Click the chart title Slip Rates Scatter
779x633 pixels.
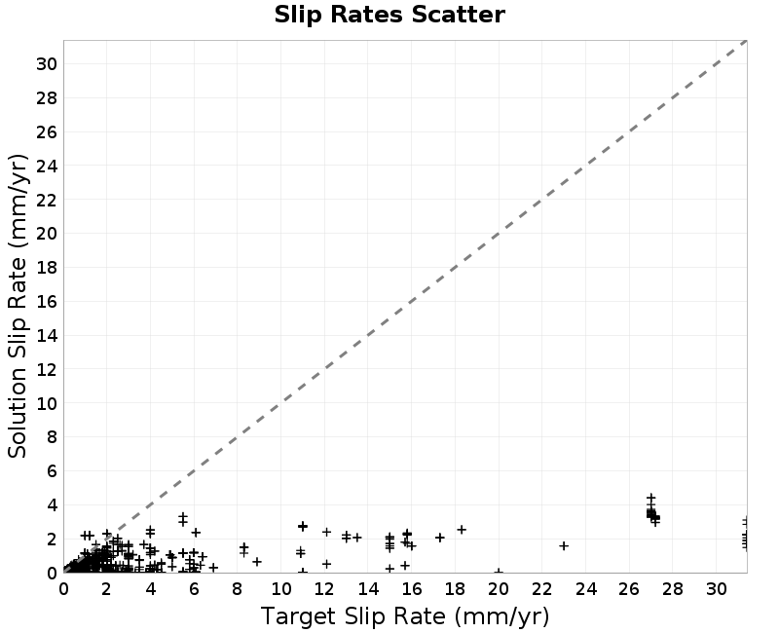[x=389, y=15]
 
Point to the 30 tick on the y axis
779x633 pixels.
[x=46, y=63]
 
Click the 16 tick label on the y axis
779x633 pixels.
[x=46, y=302]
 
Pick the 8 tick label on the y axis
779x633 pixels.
[x=52, y=437]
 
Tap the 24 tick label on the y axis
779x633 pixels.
[x=46, y=166]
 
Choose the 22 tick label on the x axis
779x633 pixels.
[x=542, y=589]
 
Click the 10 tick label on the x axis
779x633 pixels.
[x=281, y=589]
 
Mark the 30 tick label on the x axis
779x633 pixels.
[x=716, y=589]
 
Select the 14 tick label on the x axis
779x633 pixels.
[x=368, y=589]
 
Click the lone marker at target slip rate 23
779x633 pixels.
[x=564, y=545]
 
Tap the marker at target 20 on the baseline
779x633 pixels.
[x=499, y=573]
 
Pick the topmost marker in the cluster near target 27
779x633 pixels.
[x=650, y=498]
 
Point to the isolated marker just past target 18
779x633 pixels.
[x=462, y=530]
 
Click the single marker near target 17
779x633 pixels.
[x=440, y=538]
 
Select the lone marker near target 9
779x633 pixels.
[x=257, y=562]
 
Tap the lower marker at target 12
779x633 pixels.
[x=326, y=564]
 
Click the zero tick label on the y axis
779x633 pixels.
[x=52, y=573]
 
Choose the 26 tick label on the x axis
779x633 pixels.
[x=629, y=589]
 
